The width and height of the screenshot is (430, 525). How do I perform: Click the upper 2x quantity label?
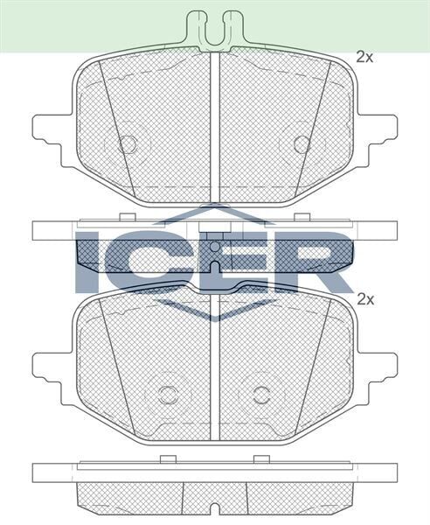point(364,57)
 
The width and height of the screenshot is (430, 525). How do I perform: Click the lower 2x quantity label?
point(364,298)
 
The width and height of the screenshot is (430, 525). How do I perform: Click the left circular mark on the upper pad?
point(128,143)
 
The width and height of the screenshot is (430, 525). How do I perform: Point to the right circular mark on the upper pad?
point(302,143)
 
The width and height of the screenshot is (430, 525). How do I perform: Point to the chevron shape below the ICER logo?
point(215,308)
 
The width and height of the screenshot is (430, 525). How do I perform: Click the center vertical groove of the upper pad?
point(215,122)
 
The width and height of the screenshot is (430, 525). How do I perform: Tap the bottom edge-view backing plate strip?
point(215,472)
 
